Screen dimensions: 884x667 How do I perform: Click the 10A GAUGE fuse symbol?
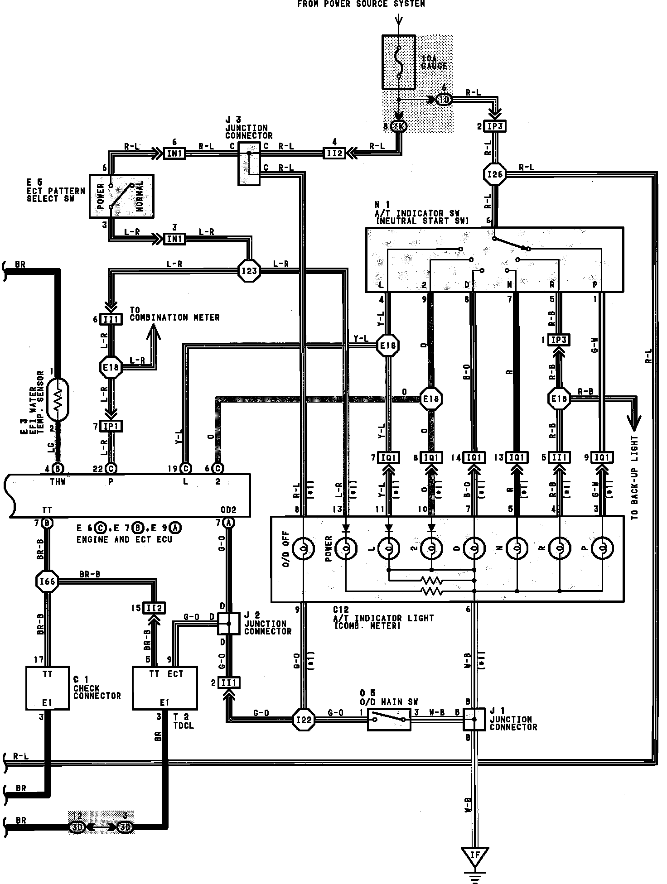coord(398,62)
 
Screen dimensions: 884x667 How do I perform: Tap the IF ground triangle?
coord(474,855)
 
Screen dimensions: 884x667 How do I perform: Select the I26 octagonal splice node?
coord(495,174)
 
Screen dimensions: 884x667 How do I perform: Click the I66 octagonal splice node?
coord(47,581)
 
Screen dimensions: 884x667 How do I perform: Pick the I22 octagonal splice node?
coord(303,719)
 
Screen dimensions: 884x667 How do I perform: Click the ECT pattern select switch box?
coord(121,196)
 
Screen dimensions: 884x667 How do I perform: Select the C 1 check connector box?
coord(47,688)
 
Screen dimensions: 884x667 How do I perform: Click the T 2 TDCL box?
coord(164,688)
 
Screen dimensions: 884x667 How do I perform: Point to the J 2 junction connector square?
coord(228,624)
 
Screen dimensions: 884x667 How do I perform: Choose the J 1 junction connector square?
coord(474,719)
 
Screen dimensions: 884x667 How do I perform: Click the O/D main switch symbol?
coord(389,719)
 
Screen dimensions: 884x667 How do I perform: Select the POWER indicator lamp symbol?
coord(346,549)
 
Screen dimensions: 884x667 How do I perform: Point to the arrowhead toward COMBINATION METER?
coord(153,334)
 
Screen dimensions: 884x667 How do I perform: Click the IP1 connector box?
coord(111,427)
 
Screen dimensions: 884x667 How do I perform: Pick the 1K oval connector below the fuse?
coord(399,126)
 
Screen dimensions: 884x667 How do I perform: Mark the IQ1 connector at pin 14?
coord(474,458)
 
